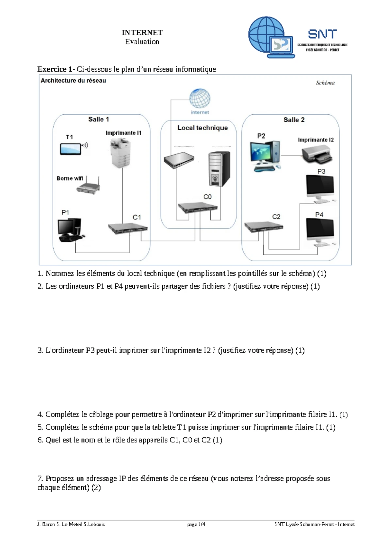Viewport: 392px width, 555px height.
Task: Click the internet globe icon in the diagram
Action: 200,98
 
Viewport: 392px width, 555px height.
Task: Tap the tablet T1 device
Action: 71,149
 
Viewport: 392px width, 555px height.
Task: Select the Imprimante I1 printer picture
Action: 120,152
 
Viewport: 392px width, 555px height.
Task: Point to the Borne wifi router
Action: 89,187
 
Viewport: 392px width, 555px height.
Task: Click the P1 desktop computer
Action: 70,230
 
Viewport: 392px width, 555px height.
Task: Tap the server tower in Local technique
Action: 219,169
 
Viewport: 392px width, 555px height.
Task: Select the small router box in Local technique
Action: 178,160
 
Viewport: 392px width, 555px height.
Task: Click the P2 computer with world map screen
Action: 265,155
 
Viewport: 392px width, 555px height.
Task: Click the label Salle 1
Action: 99,119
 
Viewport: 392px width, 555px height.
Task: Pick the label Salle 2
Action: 294,120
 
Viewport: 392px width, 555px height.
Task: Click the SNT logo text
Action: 322,34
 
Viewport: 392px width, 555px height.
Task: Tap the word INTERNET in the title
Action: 142,32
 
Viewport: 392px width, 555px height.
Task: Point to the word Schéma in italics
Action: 325,83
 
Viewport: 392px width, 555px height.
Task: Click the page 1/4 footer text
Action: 196,524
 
